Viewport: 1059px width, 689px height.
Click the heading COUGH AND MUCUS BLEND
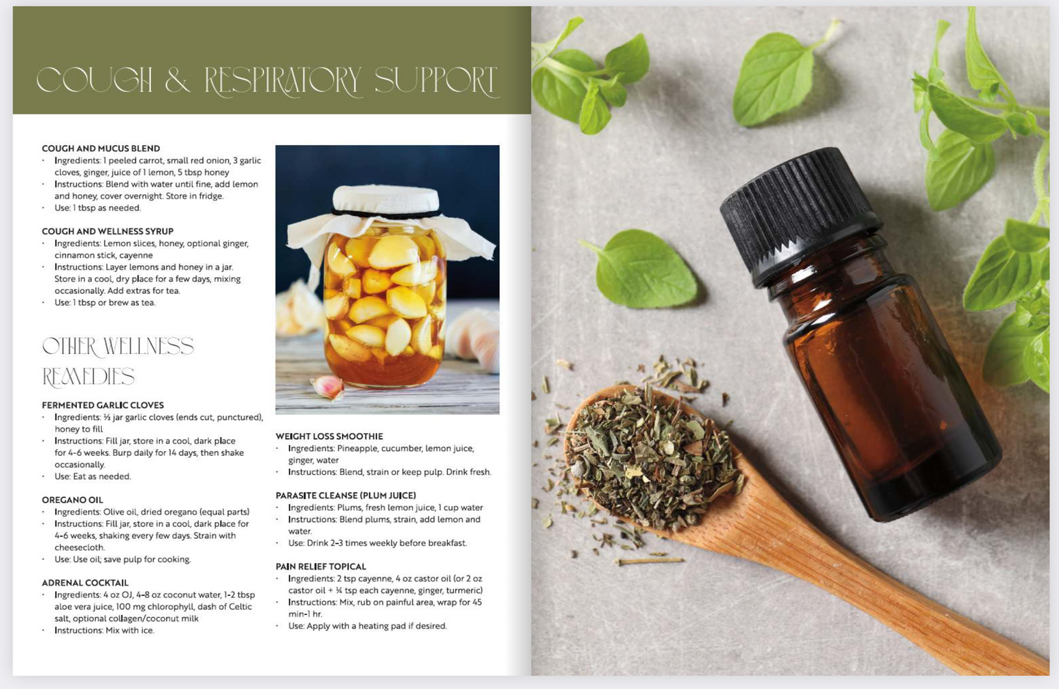click(100, 148)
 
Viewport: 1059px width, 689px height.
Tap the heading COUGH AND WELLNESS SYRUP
click(107, 231)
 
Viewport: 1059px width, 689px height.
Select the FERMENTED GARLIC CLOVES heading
click(103, 405)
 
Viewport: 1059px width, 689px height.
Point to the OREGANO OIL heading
click(72, 500)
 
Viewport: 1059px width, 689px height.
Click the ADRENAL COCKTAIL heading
click(84, 583)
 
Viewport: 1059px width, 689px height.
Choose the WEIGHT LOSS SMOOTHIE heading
click(329, 436)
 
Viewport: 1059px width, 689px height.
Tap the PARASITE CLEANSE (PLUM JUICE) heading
click(345, 495)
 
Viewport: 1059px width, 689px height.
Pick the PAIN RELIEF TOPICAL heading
click(320, 567)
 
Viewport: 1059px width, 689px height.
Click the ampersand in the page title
click(177, 81)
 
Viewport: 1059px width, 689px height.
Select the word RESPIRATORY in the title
click(283, 81)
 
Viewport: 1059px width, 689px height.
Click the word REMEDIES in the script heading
click(88, 377)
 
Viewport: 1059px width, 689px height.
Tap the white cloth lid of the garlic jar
click(385, 199)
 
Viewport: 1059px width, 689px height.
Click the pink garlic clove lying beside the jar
click(328, 386)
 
